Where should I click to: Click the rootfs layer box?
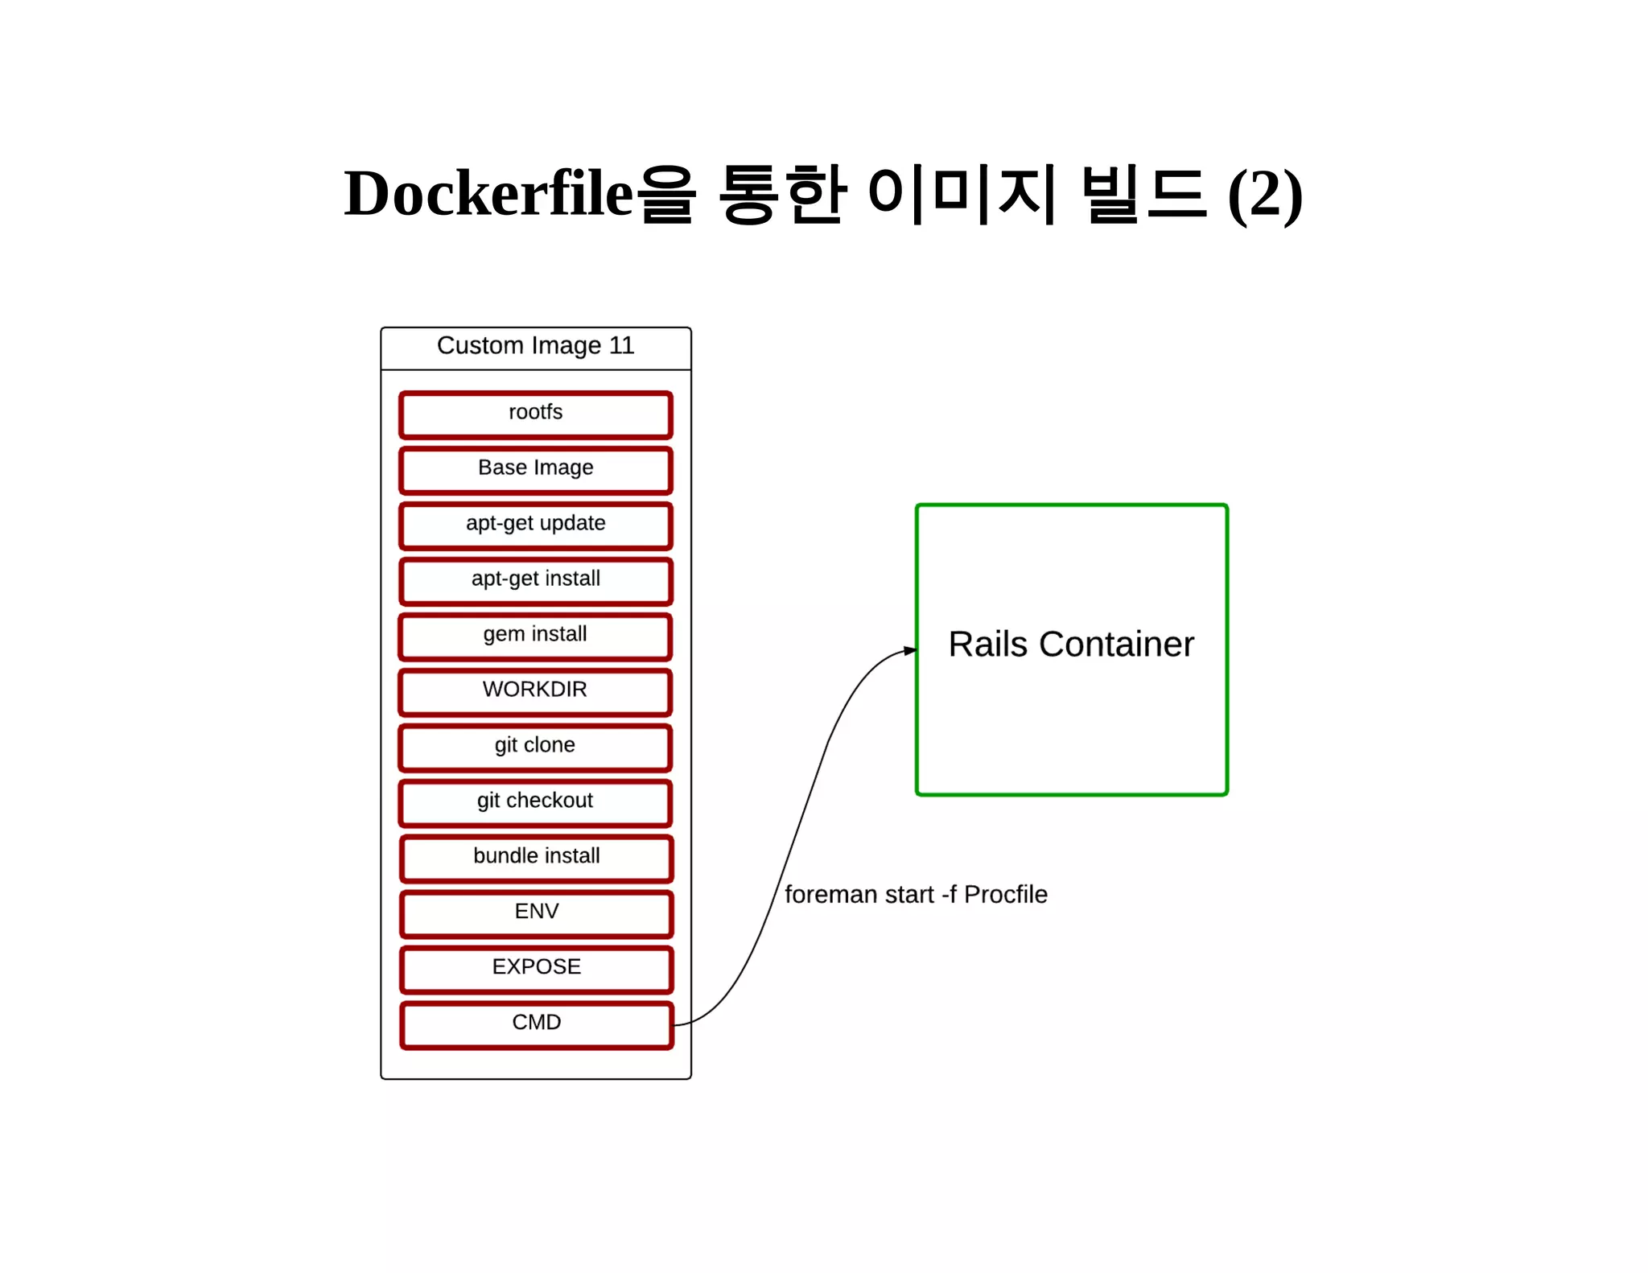pos(535,414)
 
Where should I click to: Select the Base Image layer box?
pos(535,470)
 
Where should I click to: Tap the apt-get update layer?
pos(535,525)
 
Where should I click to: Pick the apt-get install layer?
pos(535,581)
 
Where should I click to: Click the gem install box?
pos(535,636)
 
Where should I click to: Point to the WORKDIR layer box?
pos(535,692)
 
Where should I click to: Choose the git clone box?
pos(535,748)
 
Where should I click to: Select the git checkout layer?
pos(535,803)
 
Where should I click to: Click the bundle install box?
pos(536,859)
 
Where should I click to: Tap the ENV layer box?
pos(536,914)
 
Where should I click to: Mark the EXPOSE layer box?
pos(536,970)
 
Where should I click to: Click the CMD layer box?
pos(536,1025)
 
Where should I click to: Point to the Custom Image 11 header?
pos(535,346)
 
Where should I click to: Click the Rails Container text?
pos(1070,645)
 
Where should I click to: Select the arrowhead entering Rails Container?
pos(910,650)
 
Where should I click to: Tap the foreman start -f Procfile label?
pos(916,895)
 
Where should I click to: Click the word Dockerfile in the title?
pos(488,195)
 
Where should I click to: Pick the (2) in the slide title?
pos(1264,195)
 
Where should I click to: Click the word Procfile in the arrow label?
pos(1005,895)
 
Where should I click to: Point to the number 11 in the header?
pos(621,346)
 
